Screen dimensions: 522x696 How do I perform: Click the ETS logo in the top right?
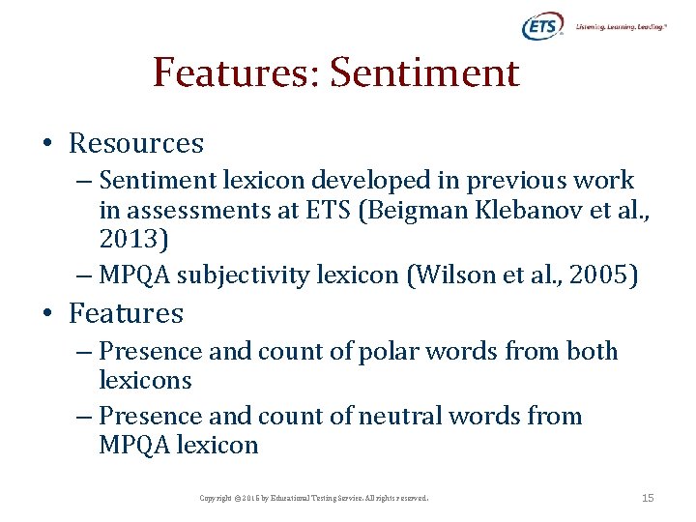point(541,27)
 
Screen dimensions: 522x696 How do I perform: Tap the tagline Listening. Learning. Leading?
point(621,27)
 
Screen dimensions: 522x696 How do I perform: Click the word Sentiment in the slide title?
point(425,72)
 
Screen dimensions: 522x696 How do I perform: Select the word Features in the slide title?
point(236,72)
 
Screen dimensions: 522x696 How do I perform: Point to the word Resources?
point(136,143)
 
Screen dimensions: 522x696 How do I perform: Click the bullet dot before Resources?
point(46,144)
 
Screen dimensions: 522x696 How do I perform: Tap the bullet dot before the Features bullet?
point(46,314)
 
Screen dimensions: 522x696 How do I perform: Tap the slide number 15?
point(648,498)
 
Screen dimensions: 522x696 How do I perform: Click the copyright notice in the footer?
point(313,498)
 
